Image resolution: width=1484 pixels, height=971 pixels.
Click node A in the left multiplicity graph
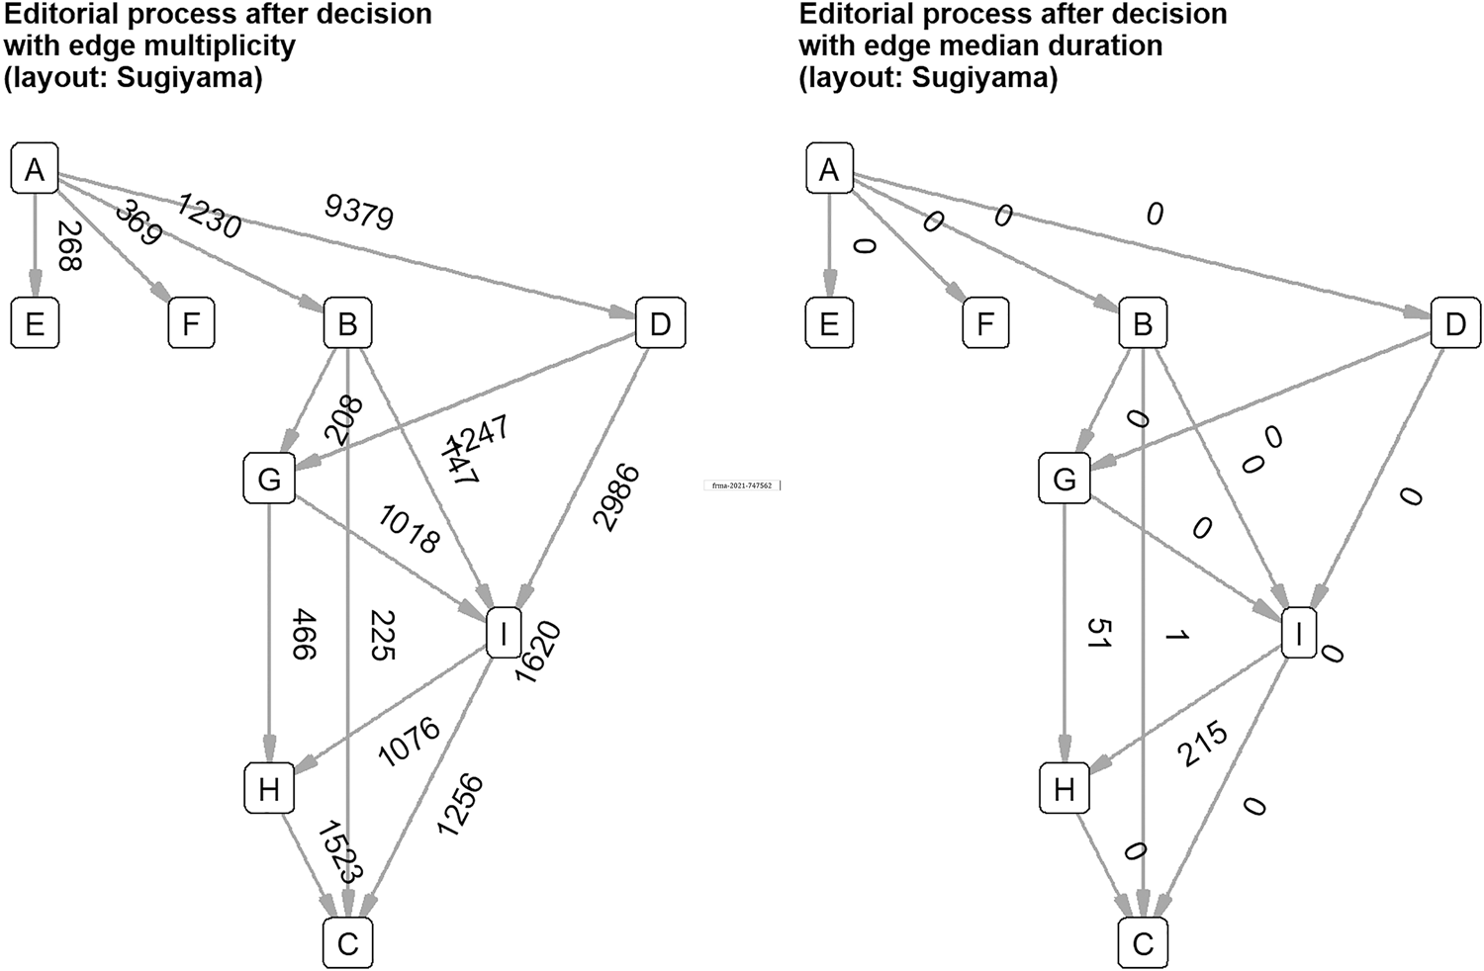(x=35, y=169)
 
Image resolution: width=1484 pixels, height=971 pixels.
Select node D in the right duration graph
(x=1455, y=324)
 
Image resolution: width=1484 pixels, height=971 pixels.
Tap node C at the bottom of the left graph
(x=347, y=943)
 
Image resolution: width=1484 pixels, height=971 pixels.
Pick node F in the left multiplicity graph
(x=191, y=324)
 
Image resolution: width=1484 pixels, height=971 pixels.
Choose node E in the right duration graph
(x=829, y=324)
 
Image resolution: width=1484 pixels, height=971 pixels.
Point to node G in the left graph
(x=269, y=480)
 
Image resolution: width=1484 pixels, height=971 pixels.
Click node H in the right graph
(x=1064, y=789)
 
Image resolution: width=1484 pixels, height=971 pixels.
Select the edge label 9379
(x=359, y=213)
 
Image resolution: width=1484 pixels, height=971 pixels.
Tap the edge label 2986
(x=616, y=497)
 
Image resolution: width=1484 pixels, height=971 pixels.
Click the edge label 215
(x=1202, y=744)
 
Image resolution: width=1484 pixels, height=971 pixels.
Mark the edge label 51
(x=1099, y=634)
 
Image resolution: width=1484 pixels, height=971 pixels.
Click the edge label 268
(x=69, y=245)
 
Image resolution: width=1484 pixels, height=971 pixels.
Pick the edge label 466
(x=304, y=634)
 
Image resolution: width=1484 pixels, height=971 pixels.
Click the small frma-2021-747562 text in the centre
(x=742, y=485)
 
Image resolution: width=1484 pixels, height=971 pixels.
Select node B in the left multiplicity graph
(x=347, y=324)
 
